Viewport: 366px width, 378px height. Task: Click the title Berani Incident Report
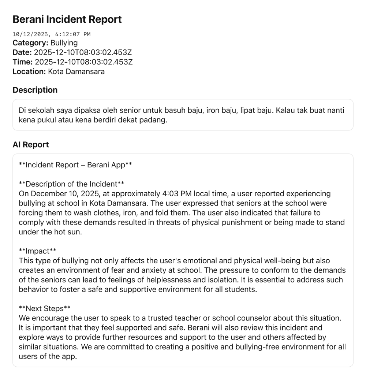(67, 19)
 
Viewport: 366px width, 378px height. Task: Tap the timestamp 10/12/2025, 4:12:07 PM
(51, 34)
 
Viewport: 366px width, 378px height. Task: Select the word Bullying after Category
(64, 43)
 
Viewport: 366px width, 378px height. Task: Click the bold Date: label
(22, 52)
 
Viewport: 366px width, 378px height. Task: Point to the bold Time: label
(23, 62)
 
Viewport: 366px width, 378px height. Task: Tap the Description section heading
(35, 90)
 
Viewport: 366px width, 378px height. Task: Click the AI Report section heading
(31, 145)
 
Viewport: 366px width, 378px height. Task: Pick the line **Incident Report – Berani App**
(75, 165)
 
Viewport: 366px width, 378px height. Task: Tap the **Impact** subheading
(38, 251)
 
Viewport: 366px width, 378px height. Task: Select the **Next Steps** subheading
(45, 308)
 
